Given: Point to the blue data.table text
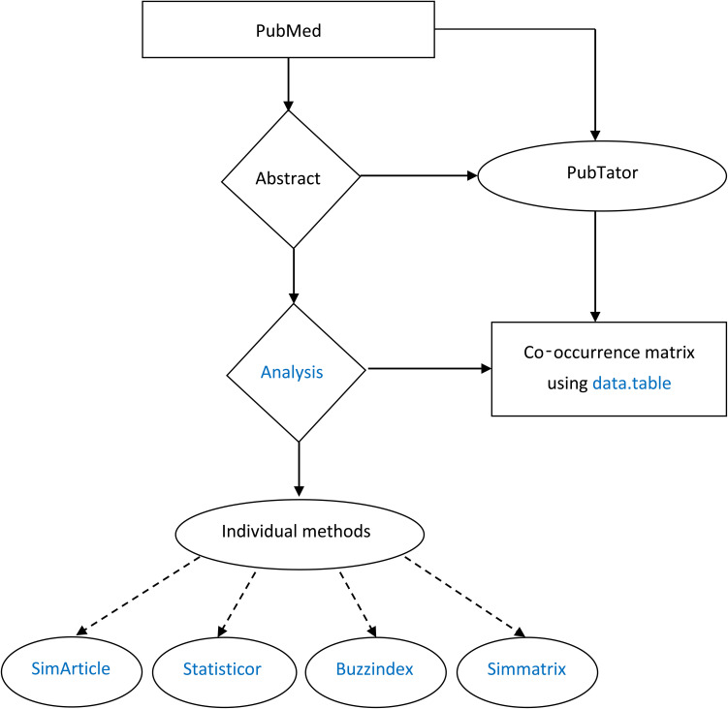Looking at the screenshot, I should click(x=631, y=383).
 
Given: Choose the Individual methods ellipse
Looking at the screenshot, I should click(x=299, y=532).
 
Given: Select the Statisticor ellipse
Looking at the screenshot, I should click(x=221, y=667).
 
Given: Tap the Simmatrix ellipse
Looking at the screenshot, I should click(x=525, y=667).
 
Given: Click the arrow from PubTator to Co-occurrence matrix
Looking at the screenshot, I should click(x=594, y=266).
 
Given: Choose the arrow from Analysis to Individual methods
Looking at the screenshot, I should click(x=299, y=468).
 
